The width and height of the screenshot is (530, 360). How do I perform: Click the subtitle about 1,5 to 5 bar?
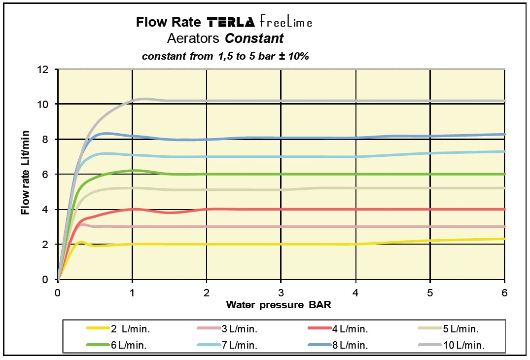225,56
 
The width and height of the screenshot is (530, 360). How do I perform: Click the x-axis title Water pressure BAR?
279,305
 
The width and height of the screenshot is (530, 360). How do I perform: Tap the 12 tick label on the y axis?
43,70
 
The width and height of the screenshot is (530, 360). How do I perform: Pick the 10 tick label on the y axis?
43,105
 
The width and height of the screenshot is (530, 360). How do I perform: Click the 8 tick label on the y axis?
46,140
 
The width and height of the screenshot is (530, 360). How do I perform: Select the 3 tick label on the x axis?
281,292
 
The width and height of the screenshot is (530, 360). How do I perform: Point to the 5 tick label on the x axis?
430,292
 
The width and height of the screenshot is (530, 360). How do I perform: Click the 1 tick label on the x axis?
132,292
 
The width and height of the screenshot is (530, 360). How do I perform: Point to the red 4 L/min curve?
345,209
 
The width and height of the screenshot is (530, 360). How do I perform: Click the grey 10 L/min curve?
345,101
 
